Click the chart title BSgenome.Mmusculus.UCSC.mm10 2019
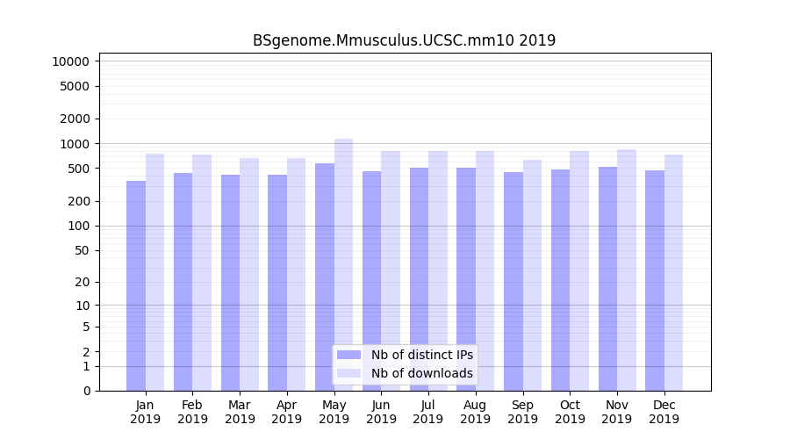(404, 40)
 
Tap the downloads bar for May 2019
(344, 263)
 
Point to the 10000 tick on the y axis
(71, 61)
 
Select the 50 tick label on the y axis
(83, 250)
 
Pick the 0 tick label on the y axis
(86, 391)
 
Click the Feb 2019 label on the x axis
(192, 412)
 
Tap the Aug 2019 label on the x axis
(476, 412)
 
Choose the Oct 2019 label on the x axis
(570, 412)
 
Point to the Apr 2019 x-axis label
(287, 412)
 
